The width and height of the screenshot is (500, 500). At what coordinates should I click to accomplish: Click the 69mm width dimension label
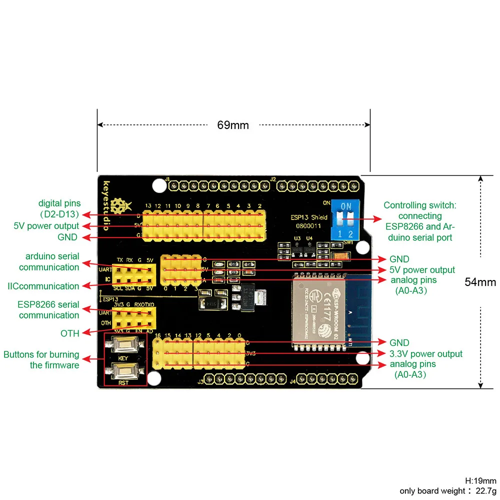(x=232, y=125)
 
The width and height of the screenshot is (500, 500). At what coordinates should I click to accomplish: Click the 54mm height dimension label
(x=480, y=282)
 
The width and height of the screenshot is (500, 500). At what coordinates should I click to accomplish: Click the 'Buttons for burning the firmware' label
(x=41, y=360)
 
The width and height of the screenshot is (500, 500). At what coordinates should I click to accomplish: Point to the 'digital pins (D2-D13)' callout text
(x=59, y=209)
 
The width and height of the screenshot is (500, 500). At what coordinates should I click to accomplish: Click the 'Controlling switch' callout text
(x=420, y=221)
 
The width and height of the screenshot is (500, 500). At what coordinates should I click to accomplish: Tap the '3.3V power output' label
(x=426, y=354)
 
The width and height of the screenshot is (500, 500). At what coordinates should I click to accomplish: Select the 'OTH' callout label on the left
(x=70, y=333)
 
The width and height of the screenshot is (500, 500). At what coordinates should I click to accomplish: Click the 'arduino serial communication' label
(x=49, y=262)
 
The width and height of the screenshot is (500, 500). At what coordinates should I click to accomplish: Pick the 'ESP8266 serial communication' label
(x=48, y=309)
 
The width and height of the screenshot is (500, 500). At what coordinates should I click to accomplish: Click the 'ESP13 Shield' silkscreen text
(x=308, y=217)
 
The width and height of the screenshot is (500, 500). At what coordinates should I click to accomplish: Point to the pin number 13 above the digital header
(x=148, y=206)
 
